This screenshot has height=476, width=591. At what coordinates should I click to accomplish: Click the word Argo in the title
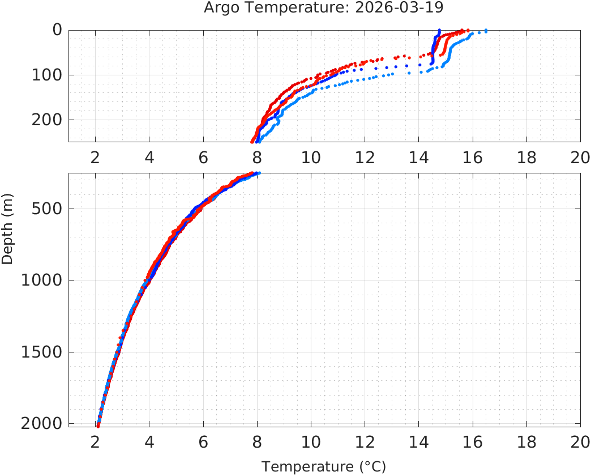click(x=220, y=8)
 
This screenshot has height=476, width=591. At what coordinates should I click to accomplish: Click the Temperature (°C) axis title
click(x=324, y=466)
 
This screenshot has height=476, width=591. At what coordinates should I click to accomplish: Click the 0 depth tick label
click(x=57, y=29)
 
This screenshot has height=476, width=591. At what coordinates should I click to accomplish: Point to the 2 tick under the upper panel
click(x=95, y=157)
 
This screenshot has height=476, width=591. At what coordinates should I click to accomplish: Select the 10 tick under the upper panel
click(x=311, y=157)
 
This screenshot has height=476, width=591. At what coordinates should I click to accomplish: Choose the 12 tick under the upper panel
click(x=365, y=157)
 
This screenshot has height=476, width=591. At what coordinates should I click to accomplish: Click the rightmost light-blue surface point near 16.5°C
click(x=486, y=31)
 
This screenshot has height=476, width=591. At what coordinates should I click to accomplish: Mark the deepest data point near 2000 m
click(x=98, y=426)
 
